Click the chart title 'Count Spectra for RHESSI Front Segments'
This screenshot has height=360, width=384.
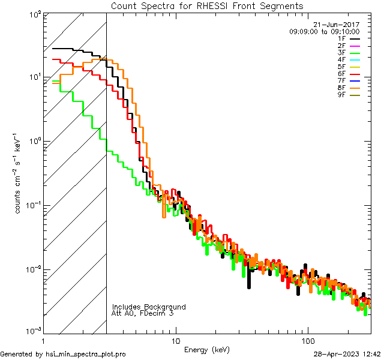[x=207, y=5]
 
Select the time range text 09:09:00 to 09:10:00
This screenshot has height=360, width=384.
[x=324, y=32]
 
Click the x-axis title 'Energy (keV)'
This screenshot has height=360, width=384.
[x=207, y=350]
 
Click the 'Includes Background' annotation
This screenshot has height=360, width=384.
[x=149, y=307]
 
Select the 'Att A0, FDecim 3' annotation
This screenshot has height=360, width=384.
[x=143, y=314]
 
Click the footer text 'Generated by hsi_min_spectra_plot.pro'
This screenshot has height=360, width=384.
[x=63, y=355]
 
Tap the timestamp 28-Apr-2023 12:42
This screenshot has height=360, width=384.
[x=347, y=355]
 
